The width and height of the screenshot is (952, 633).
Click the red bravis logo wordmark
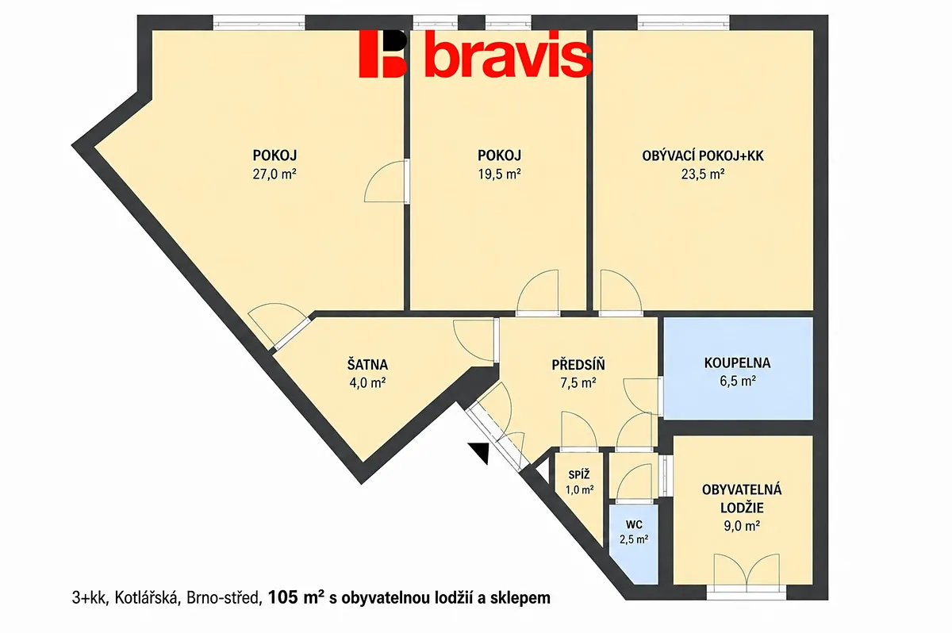tap(475, 54)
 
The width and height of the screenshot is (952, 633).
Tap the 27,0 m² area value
tap(274, 175)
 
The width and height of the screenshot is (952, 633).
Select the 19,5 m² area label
tap(499, 175)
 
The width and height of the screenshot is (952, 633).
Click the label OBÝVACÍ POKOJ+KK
tap(703, 156)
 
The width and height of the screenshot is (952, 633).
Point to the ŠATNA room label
tap(367, 365)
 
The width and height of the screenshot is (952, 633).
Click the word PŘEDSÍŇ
tap(578, 365)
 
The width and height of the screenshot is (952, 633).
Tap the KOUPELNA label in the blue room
tap(737, 363)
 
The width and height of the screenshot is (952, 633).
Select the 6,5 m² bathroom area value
tap(737, 381)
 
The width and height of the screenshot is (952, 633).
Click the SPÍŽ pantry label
tap(579, 474)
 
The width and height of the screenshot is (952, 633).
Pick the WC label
tap(634, 524)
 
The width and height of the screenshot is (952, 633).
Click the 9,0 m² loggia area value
tap(742, 527)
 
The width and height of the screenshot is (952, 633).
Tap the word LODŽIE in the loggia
tap(742, 508)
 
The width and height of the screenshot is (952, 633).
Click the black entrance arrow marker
tap(479, 452)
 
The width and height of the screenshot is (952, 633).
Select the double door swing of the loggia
tap(747, 571)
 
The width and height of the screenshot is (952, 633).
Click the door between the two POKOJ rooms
tap(387, 182)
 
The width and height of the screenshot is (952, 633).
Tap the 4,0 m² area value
tap(367, 383)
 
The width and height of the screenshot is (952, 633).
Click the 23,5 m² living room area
tap(703, 175)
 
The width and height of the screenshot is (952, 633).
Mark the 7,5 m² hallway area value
tap(578, 383)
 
